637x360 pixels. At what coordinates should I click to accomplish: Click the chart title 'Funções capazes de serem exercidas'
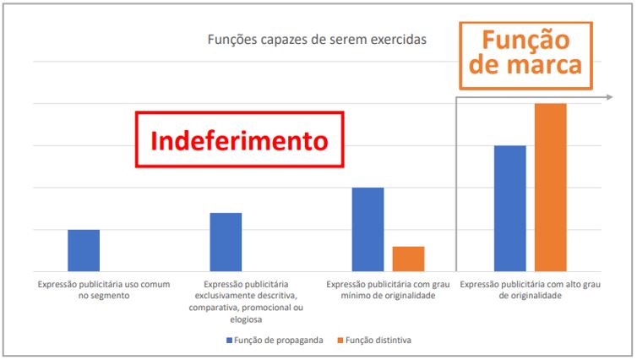pyautogui.click(x=317, y=40)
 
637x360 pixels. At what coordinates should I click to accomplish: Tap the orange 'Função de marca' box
pyautogui.click(x=525, y=54)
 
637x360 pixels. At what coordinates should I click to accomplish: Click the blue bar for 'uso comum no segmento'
pyautogui.click(x=84, y=250)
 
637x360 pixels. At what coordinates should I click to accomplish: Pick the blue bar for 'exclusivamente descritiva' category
pyautogui.click(x=226, y=242)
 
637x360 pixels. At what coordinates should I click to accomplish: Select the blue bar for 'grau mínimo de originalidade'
pyautogui.click(x=367, y=229)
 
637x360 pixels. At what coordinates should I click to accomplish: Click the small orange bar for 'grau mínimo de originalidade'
pyautogui.click(x=409, y=259)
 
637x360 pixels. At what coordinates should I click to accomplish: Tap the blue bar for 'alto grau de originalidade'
pyautogui.click(x=509, y=208)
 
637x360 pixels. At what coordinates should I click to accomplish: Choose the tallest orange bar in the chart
pyautogui.click(x=550, y=187)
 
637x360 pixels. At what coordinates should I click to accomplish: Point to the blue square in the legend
pyautogui.click(x=229, y=340)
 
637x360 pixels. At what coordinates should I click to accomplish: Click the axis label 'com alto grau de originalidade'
pyautogui.click(x=530, y=290)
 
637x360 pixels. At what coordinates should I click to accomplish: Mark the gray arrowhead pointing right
pyautogui.click(x=609, y=98)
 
